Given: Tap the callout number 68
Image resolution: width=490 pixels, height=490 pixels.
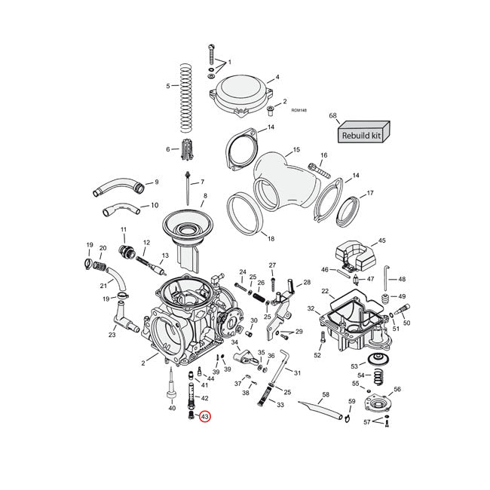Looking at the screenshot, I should [332, 115].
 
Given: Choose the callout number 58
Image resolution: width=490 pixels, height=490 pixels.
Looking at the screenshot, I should [326, 394].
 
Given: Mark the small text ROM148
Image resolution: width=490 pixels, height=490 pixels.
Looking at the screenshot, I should [299, 110].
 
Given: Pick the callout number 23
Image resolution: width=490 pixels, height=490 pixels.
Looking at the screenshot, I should [111, 335].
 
